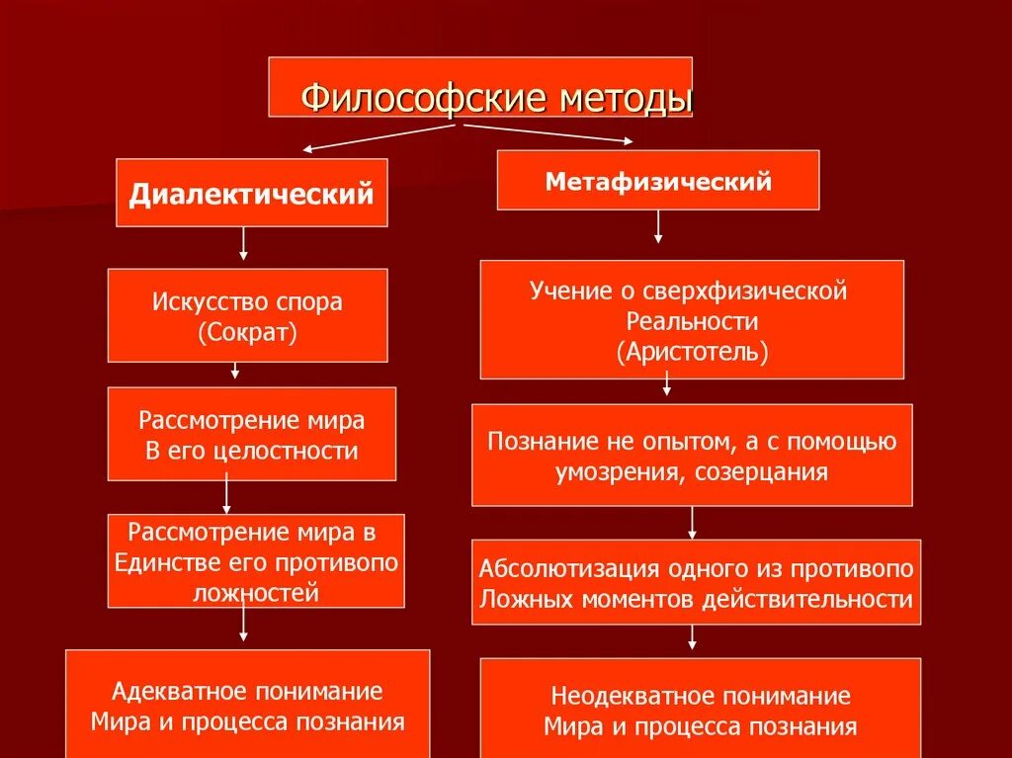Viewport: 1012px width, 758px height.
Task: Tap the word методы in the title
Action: (x=626, y=98)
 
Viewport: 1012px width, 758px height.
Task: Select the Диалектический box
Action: (x=252, y=193)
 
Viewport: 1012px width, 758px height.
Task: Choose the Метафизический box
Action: (x=657, y=181)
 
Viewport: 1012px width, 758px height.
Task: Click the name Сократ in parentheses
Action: (x=247, y=332)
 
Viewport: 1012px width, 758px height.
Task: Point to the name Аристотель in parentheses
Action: (x=692, y=352)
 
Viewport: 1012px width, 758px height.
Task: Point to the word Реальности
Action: (x=692, y=321)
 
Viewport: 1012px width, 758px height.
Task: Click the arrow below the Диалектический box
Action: (x=243, y=243)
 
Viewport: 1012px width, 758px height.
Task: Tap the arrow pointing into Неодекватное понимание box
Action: (x=692, y=636)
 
